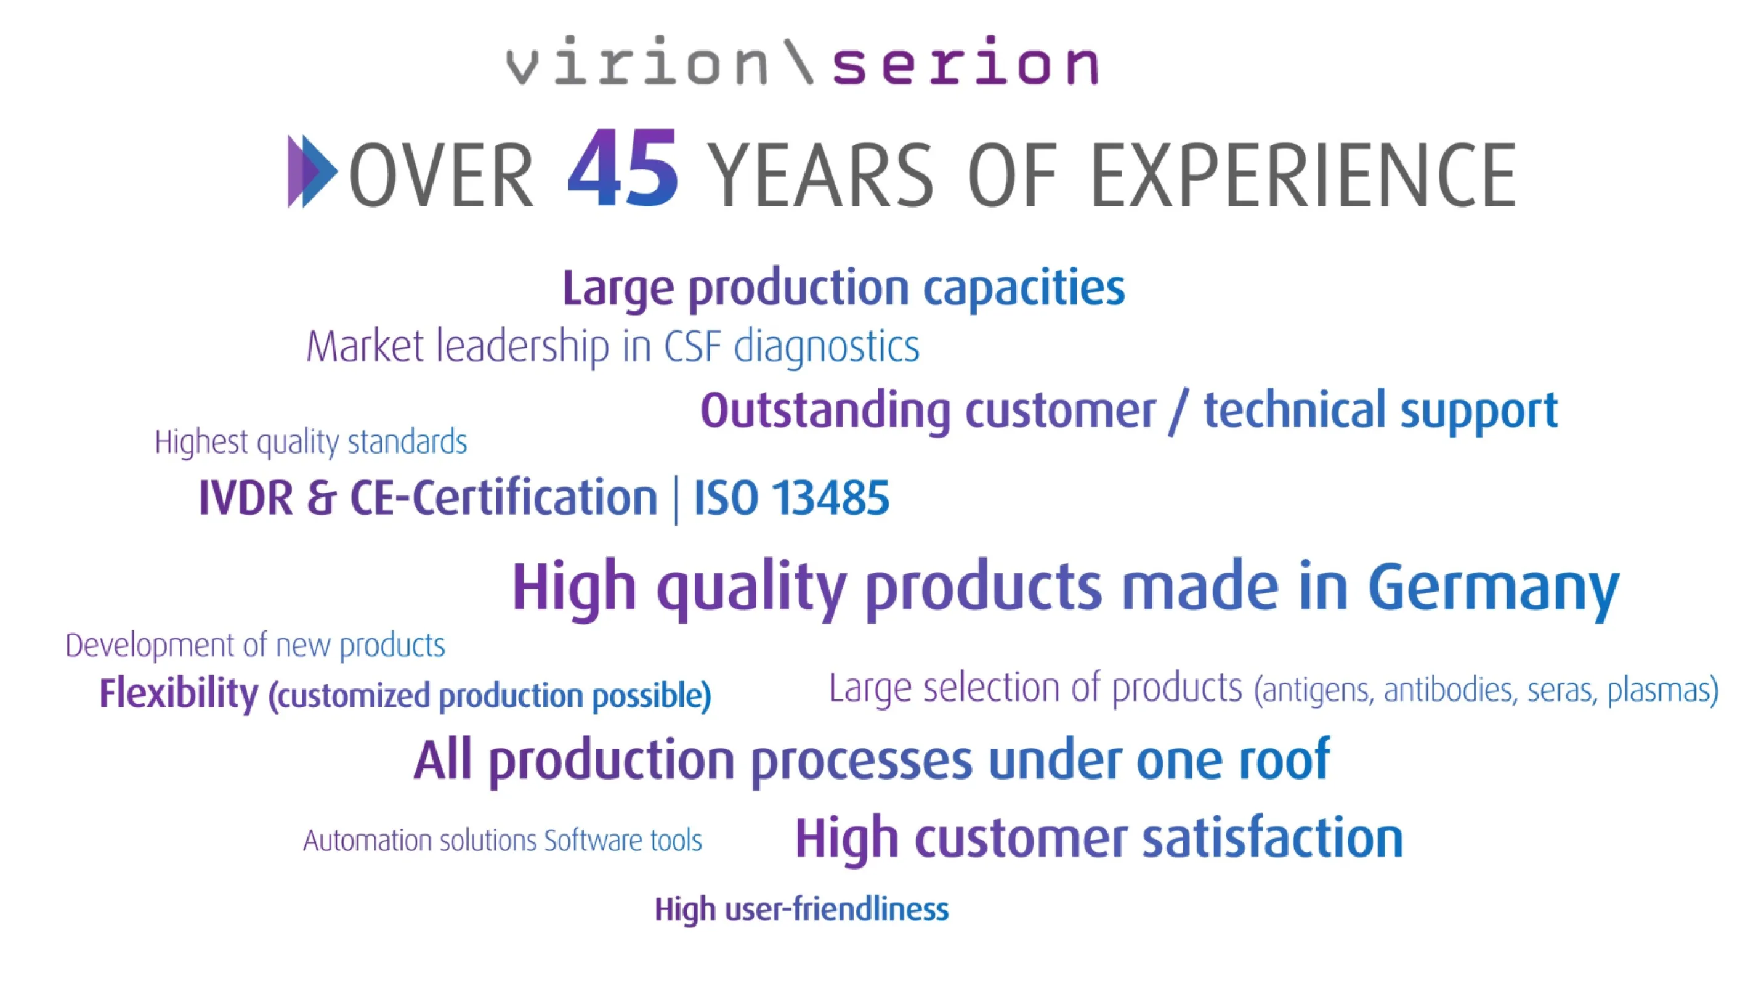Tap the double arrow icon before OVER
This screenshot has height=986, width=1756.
[312, 171]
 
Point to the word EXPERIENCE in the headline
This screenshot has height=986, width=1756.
[1303, 175]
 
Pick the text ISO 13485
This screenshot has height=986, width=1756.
[791, 497]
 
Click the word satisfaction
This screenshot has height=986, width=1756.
[1272, 838]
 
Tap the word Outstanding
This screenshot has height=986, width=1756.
[825, 410]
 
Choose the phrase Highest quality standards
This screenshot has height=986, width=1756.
[311, 442]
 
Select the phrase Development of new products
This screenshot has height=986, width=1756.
[255, 646]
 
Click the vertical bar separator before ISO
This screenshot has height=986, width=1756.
[676, 500]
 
